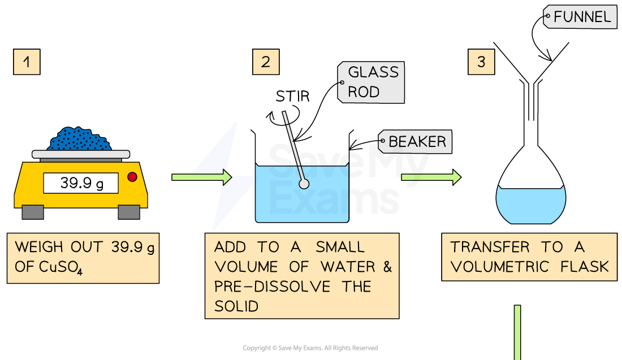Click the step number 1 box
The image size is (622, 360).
27,62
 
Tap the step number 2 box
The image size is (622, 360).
266,62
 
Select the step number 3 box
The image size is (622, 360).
481,62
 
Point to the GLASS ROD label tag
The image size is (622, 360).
372,82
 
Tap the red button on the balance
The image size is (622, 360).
132,177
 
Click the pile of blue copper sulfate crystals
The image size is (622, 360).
80,139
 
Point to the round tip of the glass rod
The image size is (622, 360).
304,184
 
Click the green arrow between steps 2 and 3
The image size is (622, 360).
431,177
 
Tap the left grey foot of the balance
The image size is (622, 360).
32,212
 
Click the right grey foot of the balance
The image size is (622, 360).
129,212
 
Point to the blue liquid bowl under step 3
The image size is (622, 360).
530,205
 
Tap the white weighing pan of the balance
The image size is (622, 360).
80,154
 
